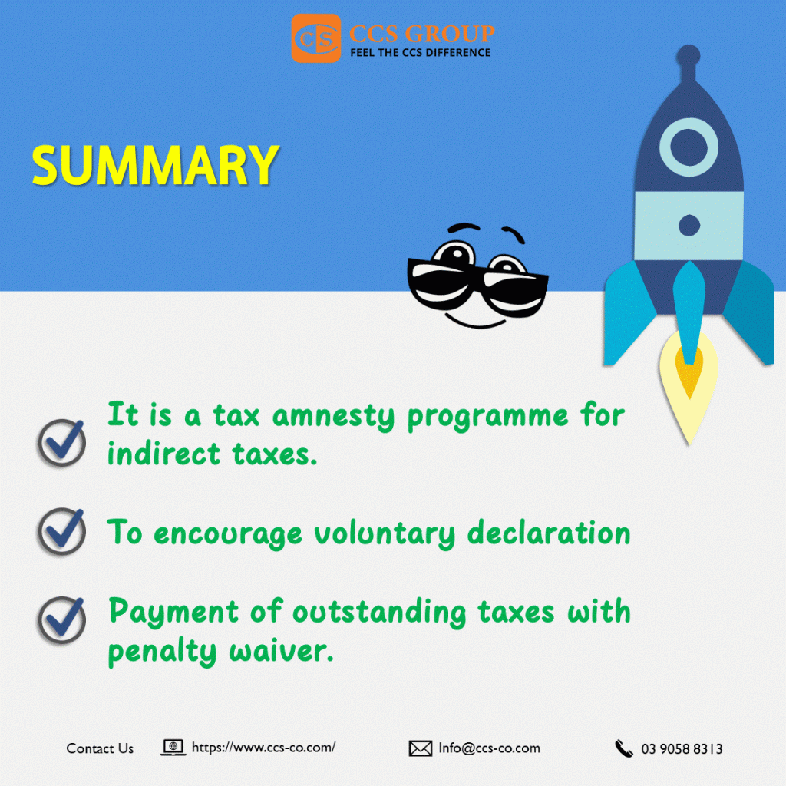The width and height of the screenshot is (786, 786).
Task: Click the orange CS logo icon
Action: point(316,38)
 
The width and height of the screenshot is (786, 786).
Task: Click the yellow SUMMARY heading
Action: point(155,166)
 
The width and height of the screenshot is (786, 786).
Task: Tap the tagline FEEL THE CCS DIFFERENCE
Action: point(420,53)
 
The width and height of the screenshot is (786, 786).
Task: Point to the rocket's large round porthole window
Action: point(689,147)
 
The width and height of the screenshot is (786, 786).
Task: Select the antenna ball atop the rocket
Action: point(689,55)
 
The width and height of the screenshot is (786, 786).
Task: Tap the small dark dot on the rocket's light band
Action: point(689,225)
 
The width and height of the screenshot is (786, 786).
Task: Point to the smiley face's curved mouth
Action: point(476,322)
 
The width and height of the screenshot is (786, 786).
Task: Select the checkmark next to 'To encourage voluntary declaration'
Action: point(62,531)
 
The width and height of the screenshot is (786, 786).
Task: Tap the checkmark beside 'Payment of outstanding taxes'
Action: point(62,620)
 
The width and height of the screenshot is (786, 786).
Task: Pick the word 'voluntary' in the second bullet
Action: point(385,533)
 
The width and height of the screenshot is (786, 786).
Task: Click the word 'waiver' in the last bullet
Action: point(281,652)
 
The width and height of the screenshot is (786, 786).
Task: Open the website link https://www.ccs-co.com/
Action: point(264,748)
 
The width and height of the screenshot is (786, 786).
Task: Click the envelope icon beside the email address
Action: point(420,748)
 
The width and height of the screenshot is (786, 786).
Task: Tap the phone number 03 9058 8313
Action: point(682,749)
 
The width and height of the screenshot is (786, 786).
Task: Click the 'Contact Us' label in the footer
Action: point(100,748)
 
